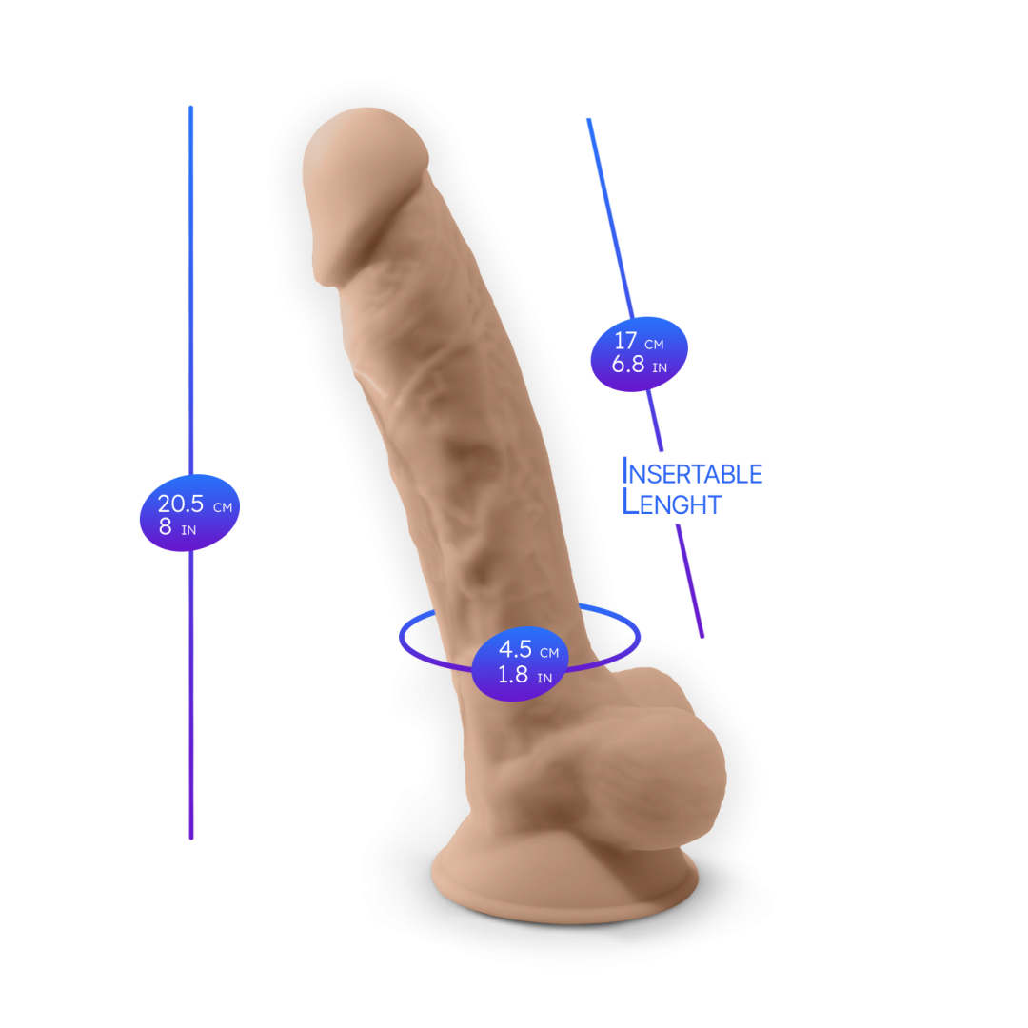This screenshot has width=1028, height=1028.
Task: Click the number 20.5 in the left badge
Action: pos(181,504)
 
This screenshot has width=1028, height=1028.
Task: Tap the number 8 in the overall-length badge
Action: pos(166,527)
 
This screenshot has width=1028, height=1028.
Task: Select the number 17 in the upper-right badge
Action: pos(625,341)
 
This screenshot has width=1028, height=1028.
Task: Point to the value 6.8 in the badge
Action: pos(628,364)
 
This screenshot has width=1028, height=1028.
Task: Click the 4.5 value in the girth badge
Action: pos(516,650)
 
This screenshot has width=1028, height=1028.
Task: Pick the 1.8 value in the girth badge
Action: pos(514,675)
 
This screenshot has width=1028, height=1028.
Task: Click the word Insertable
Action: pos(692,472)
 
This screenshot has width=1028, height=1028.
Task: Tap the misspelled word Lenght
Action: pos(671,503)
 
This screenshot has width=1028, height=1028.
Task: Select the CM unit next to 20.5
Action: pos(223,508)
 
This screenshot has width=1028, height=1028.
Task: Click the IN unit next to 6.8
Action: pos(660,367)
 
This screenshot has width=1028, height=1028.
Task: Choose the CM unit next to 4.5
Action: pos(549,653)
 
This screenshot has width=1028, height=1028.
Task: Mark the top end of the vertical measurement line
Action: pos(191,107)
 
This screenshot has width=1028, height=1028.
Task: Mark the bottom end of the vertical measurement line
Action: pos(191,838)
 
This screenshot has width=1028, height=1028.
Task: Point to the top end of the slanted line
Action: pos(588,120)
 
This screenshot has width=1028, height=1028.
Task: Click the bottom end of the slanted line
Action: pos(702,635)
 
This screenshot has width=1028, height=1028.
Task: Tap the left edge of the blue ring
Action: pos(401,636)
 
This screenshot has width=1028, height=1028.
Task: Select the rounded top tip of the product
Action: pos(362,128)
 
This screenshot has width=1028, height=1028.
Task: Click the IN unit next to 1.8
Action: pos(544,678)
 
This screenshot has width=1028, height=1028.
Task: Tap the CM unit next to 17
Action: pos(654,344)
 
